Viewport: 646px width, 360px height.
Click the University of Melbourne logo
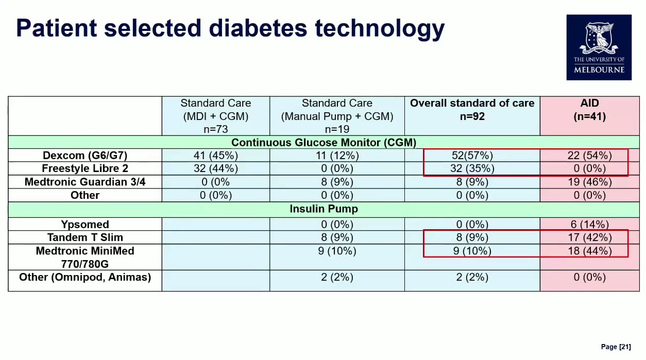coord(599,47)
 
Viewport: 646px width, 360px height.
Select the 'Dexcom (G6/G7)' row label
coord(85,155)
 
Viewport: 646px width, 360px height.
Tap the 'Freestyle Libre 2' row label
coord(85,168)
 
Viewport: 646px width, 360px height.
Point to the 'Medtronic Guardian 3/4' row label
coord(85,182)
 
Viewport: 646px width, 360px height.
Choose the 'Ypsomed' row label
coord(85,225)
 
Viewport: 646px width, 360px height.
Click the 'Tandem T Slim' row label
coord(85,237)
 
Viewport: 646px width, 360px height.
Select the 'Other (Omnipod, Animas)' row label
coord(85,277)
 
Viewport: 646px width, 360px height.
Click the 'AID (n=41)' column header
coord(589,110)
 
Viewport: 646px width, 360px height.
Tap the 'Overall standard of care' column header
coord(472,104)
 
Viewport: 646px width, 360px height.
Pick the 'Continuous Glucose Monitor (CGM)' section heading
coord(324,142)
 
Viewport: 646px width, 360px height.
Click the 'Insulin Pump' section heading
coord(324,209)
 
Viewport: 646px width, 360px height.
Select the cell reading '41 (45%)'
coord(216,155)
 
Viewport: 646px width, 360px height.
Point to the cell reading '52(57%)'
coord(472,155)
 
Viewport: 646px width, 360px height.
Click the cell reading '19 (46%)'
coord(589,182)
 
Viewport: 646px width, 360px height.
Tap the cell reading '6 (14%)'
coord(589,225)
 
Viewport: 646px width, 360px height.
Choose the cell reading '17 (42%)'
coord(589,237)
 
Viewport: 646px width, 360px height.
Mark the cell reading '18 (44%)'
coord(589,251)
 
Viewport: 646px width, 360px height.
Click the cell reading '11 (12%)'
coord(337,155)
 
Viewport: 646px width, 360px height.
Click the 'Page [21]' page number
coord(616,347)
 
